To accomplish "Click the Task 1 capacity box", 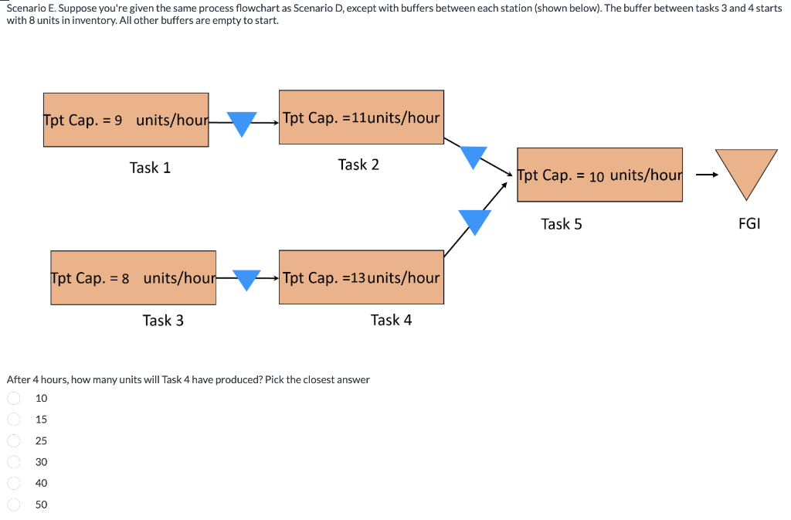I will coord(126,120).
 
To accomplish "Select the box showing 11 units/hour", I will coord(361,117).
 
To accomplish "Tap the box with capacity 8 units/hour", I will coord(134,277).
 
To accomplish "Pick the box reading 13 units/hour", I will coord(361,277).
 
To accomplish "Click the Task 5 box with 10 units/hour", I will coord(599,175).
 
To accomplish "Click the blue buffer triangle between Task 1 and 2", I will coord(242,122).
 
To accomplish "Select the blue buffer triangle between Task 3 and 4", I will coord(247,279).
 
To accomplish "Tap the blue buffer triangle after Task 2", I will coord(474,156).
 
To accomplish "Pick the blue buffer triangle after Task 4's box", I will coord(474,220).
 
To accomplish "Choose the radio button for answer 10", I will coord(14,398).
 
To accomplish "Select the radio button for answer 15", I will coord(14,420).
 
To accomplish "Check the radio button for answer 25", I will coord(14,440).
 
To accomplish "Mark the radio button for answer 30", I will coord(14,462).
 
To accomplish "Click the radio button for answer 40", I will coord(14,483).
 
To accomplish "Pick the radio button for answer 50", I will coord(14,505).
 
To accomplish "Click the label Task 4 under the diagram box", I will coord(391,320).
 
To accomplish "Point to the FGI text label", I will coord(749,224).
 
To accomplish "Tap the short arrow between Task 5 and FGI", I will coord(705,175).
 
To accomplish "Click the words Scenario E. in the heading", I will coord(30,8).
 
